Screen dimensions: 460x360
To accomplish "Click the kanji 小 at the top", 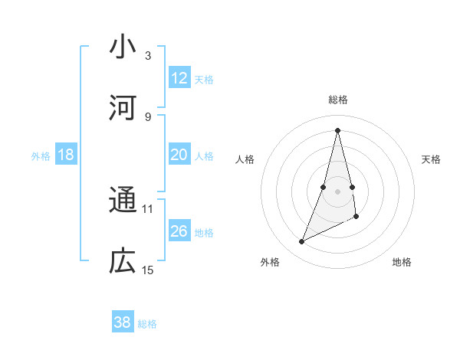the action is coord(123,47).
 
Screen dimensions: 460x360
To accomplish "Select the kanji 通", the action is coord(123,201).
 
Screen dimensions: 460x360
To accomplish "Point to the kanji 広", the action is coord(123,262).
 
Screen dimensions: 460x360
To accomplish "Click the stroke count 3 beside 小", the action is coord(148,55).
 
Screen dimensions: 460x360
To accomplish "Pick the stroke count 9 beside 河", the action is coord(148,116).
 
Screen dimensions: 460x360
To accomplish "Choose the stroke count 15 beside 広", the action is coord(148,270).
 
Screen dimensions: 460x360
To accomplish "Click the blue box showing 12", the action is coord(179,78).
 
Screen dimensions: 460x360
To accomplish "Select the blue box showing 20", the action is coord(179,155).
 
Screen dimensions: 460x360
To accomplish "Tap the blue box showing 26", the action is coord(179,231).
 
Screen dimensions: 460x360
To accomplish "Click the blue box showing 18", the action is coord(66,155).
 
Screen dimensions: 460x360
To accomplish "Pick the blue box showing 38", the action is coord(123,322).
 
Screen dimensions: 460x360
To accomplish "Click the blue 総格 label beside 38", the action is coord(147,324).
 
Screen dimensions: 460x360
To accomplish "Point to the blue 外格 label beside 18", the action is coord(41,156).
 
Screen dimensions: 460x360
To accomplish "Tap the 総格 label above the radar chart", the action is coord(338,100).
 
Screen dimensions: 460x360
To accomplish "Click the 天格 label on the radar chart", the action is coord(432,159).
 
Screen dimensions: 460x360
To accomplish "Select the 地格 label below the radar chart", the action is coord(402,262).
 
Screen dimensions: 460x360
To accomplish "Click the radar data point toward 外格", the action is coord(302,242).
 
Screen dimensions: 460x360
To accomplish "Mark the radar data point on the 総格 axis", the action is coord(338,129).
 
